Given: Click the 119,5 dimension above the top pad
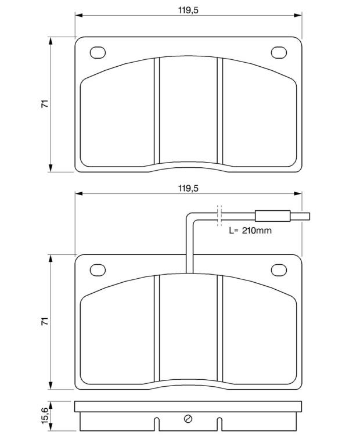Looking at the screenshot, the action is [188, 10].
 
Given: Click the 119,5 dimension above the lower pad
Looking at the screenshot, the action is [188, 188].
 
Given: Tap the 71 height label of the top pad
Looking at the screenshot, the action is [45, 104].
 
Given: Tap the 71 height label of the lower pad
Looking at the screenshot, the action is [45, 321].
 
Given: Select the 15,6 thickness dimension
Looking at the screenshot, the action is [45, 416].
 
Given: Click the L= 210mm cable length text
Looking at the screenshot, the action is [250, 231].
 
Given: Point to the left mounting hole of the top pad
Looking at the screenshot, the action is [98, 53].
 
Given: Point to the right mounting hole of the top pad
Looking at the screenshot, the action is [279, 53].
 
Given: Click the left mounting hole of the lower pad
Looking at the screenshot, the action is [98, 270].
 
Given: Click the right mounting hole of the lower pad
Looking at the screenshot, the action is [279, 270].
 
